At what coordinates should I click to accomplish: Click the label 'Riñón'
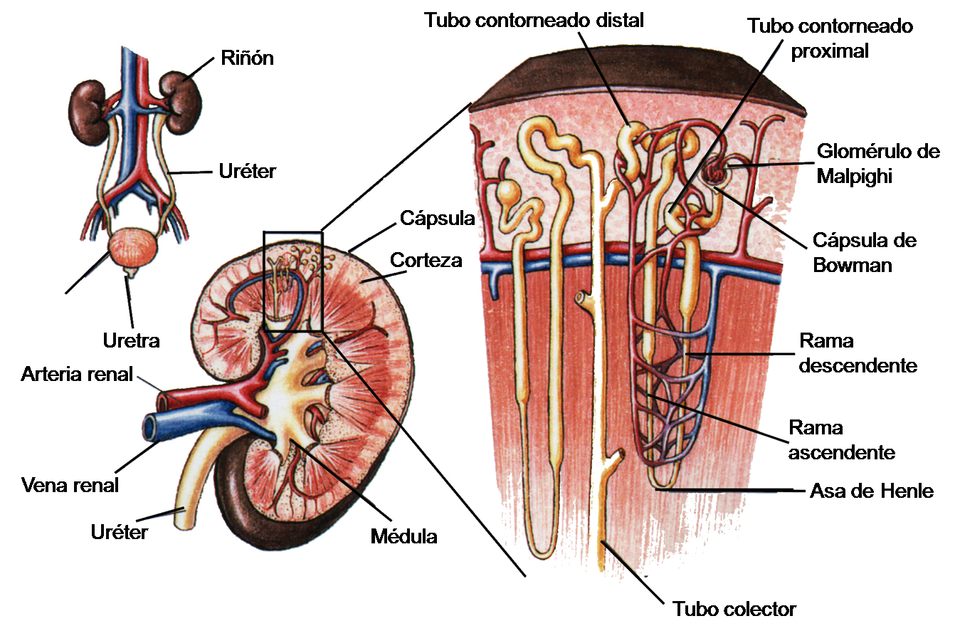coord(247,58)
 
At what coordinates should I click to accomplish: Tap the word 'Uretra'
coord(131,341)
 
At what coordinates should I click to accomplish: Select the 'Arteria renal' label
coord(77,375)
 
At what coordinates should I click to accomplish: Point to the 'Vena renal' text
coord(70,486)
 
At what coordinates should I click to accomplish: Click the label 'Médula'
coord(403,536)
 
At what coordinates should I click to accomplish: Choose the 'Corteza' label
coord(426,260)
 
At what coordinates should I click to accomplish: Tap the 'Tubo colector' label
coord(734,609)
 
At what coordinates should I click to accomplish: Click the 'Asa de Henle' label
coord(871,491)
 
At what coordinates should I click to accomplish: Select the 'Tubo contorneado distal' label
coord(534,20)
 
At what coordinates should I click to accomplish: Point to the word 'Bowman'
coord(853,265)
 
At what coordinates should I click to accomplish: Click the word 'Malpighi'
coord(854,177)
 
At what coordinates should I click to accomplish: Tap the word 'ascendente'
coord(842,453)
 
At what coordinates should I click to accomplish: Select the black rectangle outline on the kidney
coord(263,281)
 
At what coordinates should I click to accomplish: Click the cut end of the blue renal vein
coord(150,427)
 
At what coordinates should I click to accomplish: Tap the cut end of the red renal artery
coord(162,402)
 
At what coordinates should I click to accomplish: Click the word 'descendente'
coord(858,366)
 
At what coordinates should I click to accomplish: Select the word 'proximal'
coord(830,51)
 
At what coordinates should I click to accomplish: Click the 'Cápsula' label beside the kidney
coord(438,219)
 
